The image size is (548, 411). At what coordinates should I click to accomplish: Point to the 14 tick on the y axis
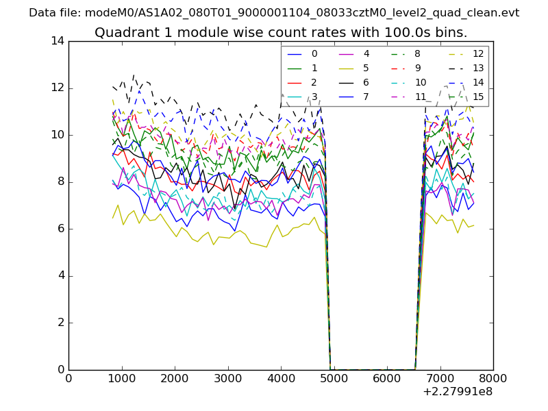(x=58, y=41)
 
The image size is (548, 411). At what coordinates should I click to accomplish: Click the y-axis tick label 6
(x=60, y=229)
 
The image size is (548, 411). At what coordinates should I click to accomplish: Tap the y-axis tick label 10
(x=58, y=135)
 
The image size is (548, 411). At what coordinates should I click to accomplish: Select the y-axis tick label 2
(x=60, y=323)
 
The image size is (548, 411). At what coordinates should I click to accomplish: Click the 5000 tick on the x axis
(x=334, y=378)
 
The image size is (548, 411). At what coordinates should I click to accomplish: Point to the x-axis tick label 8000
(x=493, y=378)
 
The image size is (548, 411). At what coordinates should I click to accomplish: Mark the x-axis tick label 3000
(x=227, y=378)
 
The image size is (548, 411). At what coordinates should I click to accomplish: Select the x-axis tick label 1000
(x=121, y=378)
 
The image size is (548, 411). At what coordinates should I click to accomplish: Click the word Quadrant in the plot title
(x=123, y=33)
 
